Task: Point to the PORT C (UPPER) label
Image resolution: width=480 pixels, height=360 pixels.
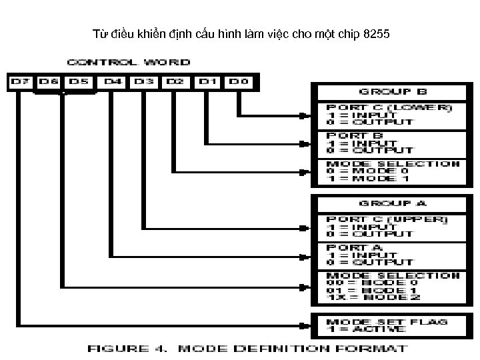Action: point(387,219)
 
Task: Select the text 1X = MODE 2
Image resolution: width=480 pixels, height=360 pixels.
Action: point(369,297)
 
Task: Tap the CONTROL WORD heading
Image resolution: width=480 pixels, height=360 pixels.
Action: point(138,62)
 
